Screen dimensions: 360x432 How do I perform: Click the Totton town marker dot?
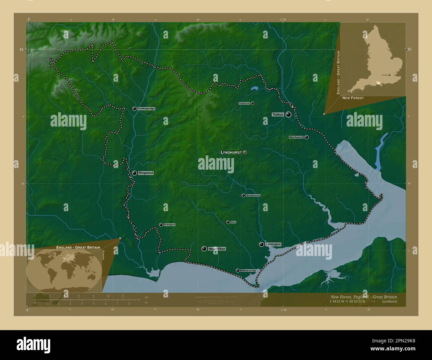288,115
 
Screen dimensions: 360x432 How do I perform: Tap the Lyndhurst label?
231,152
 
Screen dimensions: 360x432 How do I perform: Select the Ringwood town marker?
134,173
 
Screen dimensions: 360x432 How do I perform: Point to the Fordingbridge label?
146,109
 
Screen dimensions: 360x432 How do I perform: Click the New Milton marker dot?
204,249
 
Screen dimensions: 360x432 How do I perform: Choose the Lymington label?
273,244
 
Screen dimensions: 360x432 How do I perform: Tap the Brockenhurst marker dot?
243,195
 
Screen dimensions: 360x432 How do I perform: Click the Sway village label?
233,222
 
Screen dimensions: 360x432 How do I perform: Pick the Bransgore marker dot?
161,225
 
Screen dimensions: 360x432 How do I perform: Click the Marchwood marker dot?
306,137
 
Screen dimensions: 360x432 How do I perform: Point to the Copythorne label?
244,103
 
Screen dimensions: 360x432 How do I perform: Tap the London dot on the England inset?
389,75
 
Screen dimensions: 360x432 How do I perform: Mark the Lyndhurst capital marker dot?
245,152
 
